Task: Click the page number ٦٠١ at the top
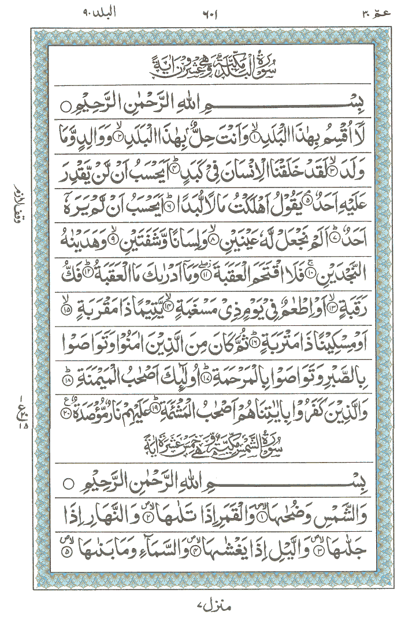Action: (x=209, y=13)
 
